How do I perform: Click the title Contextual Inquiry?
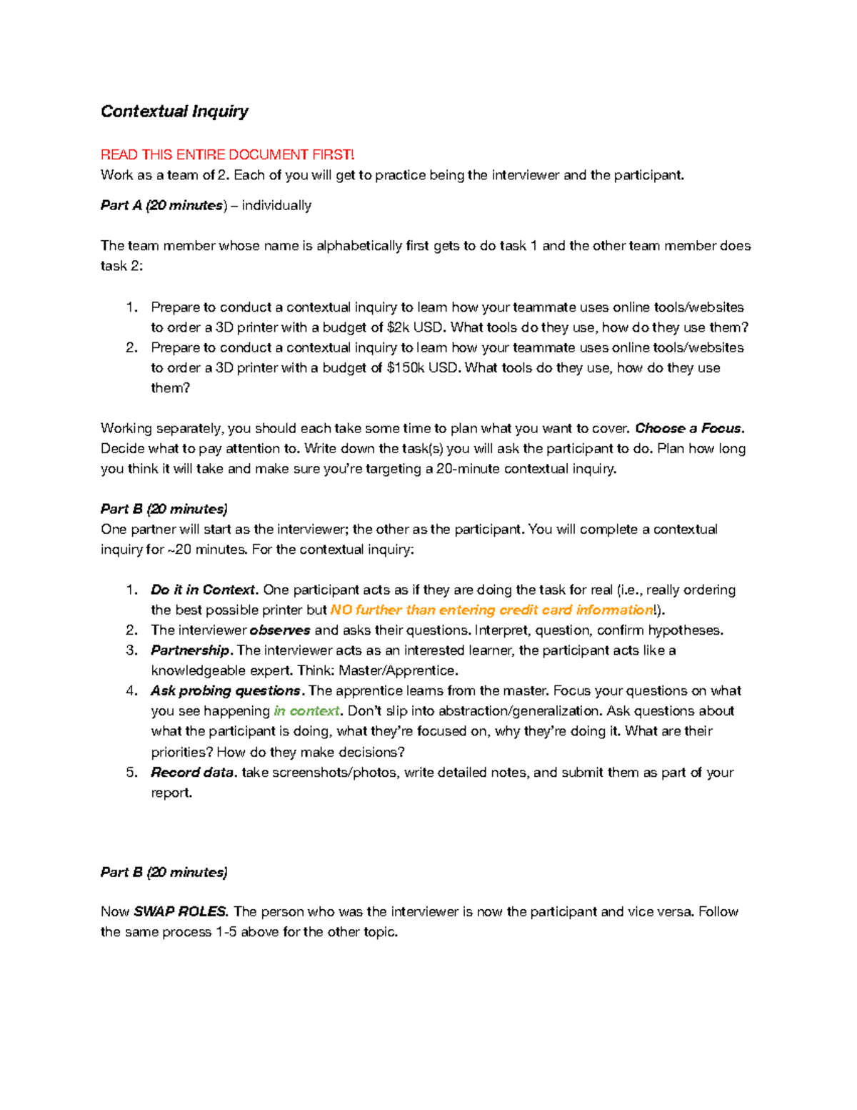[174, 112]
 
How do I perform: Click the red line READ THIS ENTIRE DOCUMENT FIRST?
[227, 154]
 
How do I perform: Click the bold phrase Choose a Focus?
[689, 428]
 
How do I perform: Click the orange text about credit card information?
[492, 610]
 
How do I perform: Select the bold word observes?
[279, 630]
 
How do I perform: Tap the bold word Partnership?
[191, 650]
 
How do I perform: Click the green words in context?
[307, 711]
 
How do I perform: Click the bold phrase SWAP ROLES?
[180, 912]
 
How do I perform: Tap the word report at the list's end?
[171, 793]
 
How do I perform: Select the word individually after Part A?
[276, 206]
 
